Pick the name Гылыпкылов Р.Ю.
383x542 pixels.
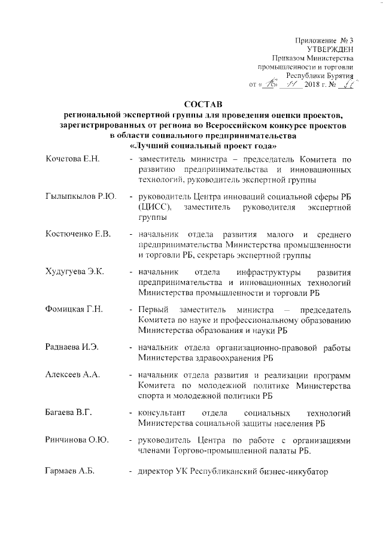(x=80, y=196)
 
